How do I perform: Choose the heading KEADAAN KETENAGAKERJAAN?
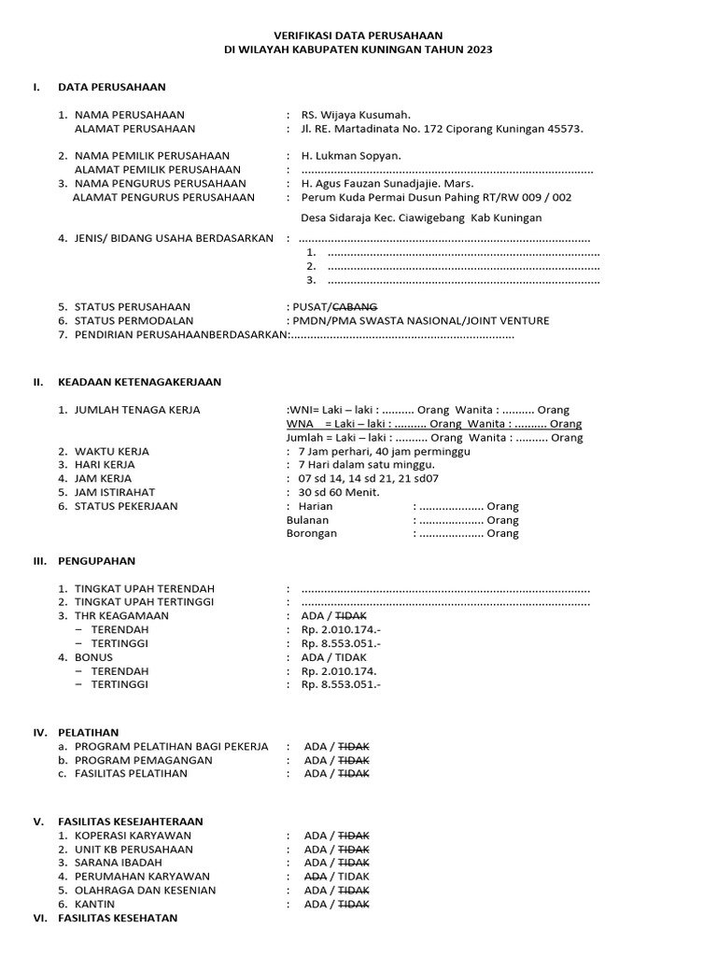140,382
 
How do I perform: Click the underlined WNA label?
300,424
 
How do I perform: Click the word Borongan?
312,533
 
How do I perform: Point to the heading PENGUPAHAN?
97,561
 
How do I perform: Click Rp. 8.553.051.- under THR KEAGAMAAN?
341,643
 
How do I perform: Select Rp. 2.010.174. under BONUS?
338,670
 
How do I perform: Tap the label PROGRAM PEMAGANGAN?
144,760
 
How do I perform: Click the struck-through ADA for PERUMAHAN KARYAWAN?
316,877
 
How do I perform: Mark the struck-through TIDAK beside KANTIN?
353,904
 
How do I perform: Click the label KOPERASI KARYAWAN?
133,835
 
